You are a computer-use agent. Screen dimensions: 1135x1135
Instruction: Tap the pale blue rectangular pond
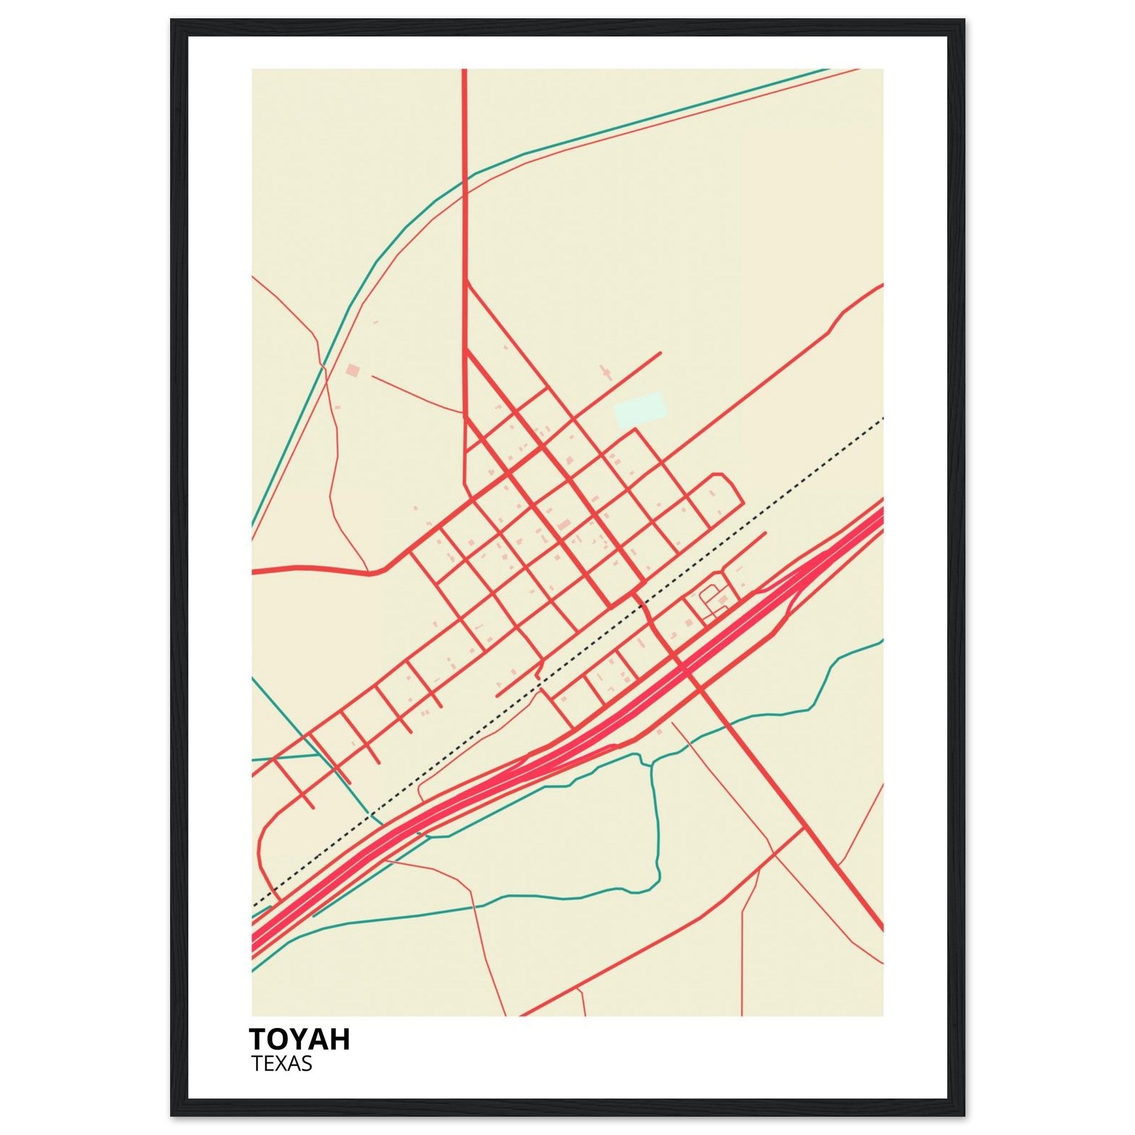point(640,410)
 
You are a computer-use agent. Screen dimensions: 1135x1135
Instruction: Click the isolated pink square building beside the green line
point(352,370)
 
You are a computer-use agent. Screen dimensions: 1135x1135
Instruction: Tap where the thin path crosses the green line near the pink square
point(323,366)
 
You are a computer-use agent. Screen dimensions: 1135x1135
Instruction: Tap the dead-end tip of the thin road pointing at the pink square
point(371,376)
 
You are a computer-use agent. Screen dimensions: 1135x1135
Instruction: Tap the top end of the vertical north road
point(464,70)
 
